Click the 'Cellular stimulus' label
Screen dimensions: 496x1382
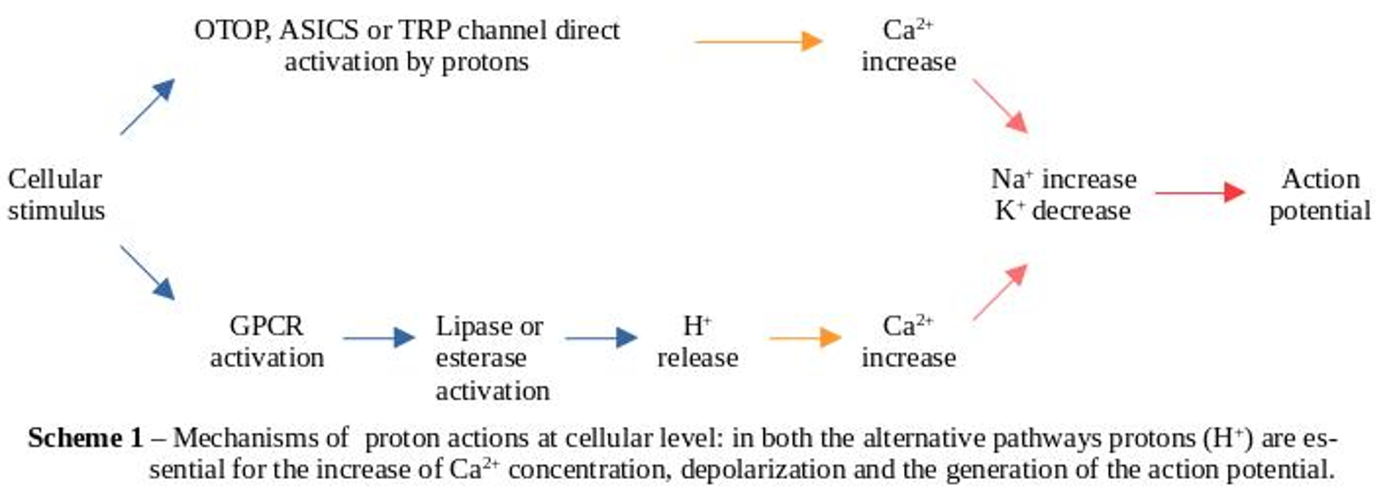click(56, 194)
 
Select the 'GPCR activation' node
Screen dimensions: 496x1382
click(267, 341)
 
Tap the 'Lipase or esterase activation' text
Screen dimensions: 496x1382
click(491, 358)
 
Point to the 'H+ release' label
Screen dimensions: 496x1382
click(697, 341)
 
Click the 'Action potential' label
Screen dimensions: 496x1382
click(1319, 194)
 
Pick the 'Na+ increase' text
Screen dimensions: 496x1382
click(1063, 179)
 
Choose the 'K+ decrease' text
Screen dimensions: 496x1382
click(1062, 210)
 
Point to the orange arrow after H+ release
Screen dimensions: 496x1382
click(804, 338)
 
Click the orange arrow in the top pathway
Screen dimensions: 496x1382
click(759, 41)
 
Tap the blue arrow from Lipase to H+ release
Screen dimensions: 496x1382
click(600, 338)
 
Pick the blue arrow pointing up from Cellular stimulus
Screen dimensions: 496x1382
click(147, 107)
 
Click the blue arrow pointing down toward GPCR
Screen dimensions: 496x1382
click(147, 272)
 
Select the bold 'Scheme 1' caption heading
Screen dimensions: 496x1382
click(85, 438)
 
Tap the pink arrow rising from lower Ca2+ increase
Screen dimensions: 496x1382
click(1000, 292)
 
